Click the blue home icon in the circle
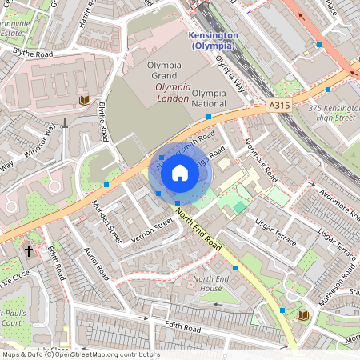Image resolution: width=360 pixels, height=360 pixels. (x=180, y=173)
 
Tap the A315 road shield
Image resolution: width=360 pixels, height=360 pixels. (x=276, y=104)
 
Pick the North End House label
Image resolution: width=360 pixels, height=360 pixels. (x=207, y=283)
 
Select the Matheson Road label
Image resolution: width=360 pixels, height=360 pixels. (x=336, y=284)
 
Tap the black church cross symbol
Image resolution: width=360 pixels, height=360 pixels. (x=29, y=251)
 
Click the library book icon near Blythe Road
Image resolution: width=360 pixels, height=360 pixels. (x=84, y=99)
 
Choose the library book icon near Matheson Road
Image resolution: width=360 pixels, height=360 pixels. (x=303, y=316)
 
